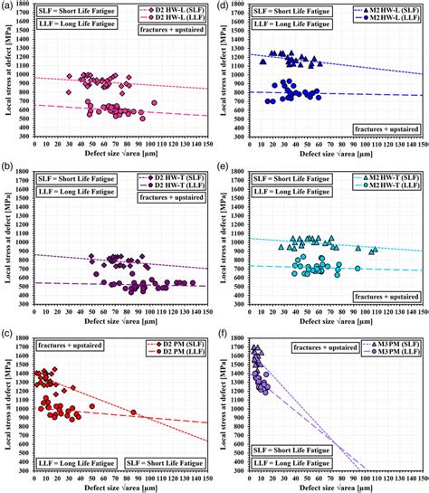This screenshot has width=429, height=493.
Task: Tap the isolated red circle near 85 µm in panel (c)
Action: coord(133,413)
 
